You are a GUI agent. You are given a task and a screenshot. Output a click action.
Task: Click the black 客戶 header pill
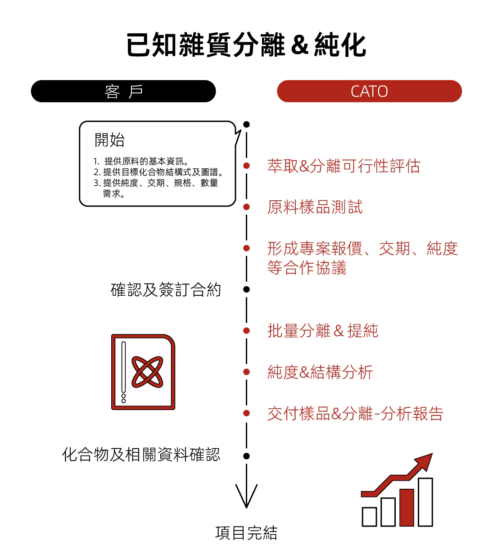[x=123, y=91]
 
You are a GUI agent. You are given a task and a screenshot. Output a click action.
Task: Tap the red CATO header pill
[x=369, y=91]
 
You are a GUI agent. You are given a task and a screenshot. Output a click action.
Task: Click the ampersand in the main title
[x=299, y=45]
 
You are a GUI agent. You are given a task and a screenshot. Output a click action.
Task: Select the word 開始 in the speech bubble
[x=109, y=140]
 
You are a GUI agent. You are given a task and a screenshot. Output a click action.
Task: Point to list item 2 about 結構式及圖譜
[x=158, y=172]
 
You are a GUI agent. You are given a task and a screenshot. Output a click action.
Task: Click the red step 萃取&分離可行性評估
[x=344, y=166]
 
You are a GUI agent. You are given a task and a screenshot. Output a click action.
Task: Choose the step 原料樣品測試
[x=315, y=207]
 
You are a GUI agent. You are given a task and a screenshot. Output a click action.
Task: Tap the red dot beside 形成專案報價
[x=247, y=248]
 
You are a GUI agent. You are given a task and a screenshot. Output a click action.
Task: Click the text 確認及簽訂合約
[x=166, y=290]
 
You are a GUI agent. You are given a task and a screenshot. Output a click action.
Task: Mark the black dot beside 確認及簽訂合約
[x=247, y=289]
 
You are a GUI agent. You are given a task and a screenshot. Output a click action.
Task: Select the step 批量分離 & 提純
[x=323, y=330]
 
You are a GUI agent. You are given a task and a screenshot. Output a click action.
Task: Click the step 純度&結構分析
[x=320, y=372]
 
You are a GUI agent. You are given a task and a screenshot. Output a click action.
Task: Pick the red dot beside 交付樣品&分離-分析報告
[x=247, y=413]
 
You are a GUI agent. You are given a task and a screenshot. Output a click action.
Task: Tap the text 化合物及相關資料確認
[x=141, y=455]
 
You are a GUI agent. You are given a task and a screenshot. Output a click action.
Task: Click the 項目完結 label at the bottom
[x=246, y=533]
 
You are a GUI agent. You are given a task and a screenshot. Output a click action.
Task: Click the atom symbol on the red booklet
[x=147, y=372]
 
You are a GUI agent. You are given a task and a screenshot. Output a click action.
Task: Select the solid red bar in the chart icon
[x=407, y=507]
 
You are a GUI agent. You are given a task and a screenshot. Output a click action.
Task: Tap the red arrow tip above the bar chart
[x=432, y=453]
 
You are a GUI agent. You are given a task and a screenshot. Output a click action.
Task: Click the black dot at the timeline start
[x=247, y=124]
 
